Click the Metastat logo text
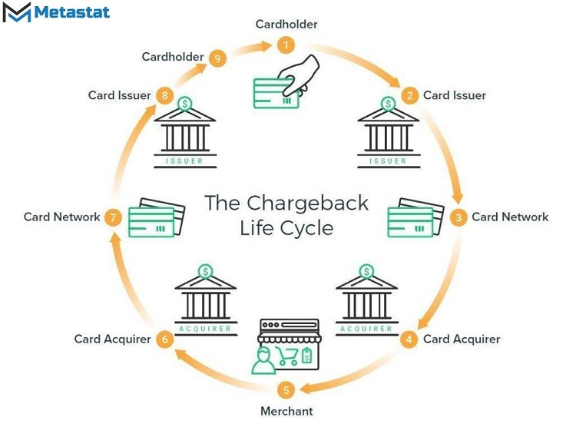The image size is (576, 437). pos(72,12)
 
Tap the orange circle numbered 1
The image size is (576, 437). pos(286,45)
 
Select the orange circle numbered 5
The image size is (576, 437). pos(286,389)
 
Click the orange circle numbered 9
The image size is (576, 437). pos(217,58)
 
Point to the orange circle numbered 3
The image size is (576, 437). pos(458,217)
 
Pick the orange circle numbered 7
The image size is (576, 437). pos(113,217)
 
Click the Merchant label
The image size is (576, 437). pos(286,411)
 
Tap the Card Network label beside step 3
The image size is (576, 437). pos(510,217)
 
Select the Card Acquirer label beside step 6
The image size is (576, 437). pos(112,339)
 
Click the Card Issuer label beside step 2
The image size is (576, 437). pos(455,95)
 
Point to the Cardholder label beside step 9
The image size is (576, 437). pos(173,57)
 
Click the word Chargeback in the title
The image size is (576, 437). pos(307,203)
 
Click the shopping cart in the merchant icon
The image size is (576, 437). pos(287,356)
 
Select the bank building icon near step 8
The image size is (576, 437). pos(185,133)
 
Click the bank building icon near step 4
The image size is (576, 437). pos(366,300)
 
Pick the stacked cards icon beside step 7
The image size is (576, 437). pos(157,218)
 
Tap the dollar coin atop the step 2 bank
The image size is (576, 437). pos(389,104)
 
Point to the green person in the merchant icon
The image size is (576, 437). pos(263,361)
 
